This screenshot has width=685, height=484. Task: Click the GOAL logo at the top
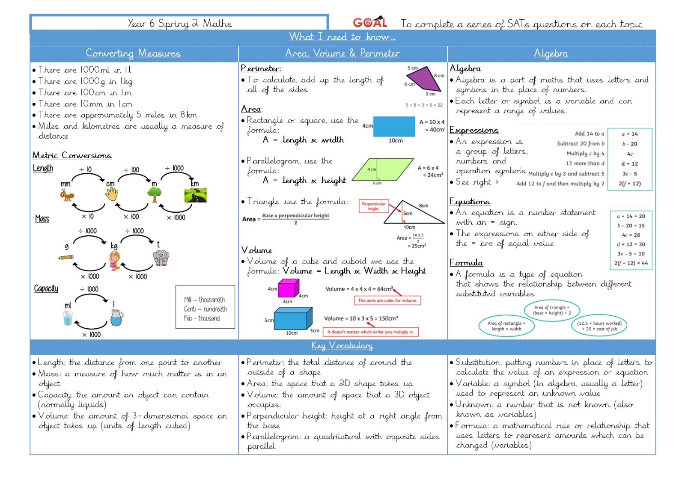pyautogui.click(x=370, y=22)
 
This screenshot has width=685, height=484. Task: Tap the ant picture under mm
pyautogui.click(x=67, y=195)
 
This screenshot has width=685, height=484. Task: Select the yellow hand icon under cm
pyautogui.click(x=112, y=194)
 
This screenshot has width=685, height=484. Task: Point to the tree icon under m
pyautogui.click(x=155, y=195)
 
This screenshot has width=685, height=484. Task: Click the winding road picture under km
pyautogui.click(x=195, y=196)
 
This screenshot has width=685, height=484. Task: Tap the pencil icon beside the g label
pyautogui.click(x=66, y=257)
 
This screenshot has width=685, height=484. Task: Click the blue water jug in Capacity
pyautogui.click(x=117, y=318)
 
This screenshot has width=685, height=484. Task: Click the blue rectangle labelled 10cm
pyautogui.click(x=394, y=126)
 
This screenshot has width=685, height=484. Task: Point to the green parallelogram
pyautogui.click(x=383, y=169)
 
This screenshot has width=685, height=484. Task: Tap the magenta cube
pyautogui.click(x=289, y=288)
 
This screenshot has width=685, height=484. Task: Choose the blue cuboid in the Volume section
pyautogui.click(x=293, y=318)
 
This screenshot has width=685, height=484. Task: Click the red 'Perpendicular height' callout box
pyautogui.click(x=373, y=206)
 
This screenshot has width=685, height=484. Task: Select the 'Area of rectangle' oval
pyautogui.click(x=506, y=326)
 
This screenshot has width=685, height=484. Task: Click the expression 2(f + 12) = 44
pyautogui.click(x=631, y=263)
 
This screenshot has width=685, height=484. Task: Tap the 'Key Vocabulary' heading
pyautogui.click(x=342, y=346)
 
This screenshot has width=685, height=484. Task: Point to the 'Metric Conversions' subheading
pyautogui.click(x=72, y=155)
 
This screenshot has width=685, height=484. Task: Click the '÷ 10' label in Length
pyautogui.click(x=85, y=169)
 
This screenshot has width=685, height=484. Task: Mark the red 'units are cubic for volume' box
pyautogui.click(x=387, y=300)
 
